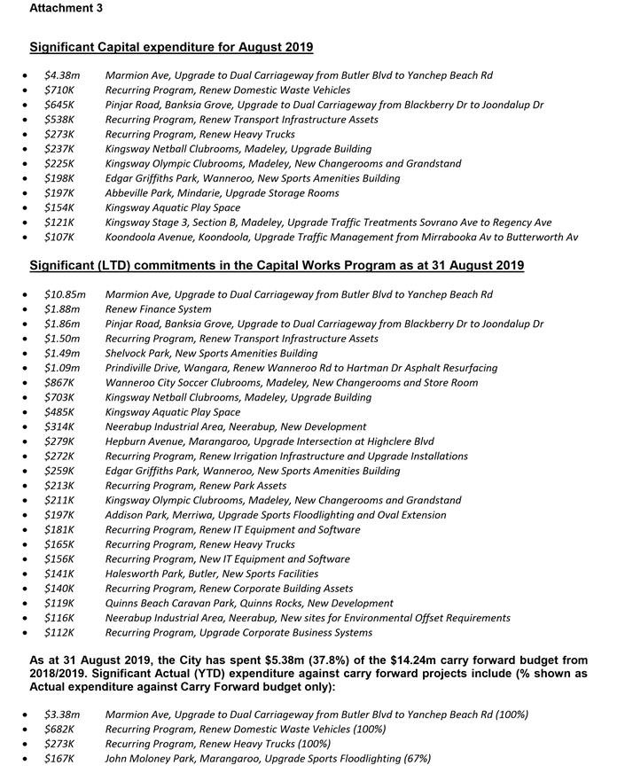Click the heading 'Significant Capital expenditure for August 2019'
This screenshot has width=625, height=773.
tap(171, 47)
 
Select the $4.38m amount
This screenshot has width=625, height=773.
tap(62, 75)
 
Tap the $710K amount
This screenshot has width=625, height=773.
tap(59, 90)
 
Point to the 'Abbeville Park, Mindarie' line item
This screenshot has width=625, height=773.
tap(222, 193)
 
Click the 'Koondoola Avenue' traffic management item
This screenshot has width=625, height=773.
tap(341, 238)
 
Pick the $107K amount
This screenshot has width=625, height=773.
tap(59, 238)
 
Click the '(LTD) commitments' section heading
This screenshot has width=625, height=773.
tap(277, 265)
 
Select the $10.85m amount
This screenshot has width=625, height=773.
tap(65, 294)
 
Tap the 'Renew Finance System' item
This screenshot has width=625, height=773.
tap(158, 309)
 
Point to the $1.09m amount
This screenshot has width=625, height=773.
tap(62, 368)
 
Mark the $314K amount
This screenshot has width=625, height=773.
tap(59, 427)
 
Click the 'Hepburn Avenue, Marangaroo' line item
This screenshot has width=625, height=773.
tap(270, 441)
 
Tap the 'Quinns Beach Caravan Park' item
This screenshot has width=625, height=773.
tap(248, 604)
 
